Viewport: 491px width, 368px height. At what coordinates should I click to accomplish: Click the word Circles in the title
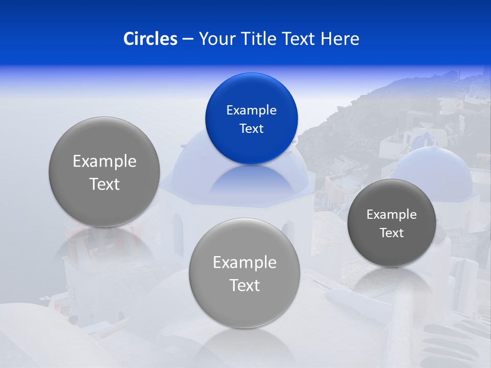click(150, 39)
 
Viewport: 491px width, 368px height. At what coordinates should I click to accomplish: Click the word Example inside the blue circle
click(251, 110)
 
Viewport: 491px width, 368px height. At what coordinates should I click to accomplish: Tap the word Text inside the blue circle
click(251, 129)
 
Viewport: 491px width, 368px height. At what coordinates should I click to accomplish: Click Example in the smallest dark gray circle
click(392, 215)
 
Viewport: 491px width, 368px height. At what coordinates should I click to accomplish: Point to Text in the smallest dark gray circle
click(392, 233)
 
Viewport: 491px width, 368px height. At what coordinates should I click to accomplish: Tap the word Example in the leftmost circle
click(104, 162)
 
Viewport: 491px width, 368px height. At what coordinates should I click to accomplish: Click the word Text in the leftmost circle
click(104, 185)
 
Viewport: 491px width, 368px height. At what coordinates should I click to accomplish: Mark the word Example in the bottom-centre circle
click(244, 263)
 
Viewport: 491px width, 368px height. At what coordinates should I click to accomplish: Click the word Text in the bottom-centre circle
click(244, 286)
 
